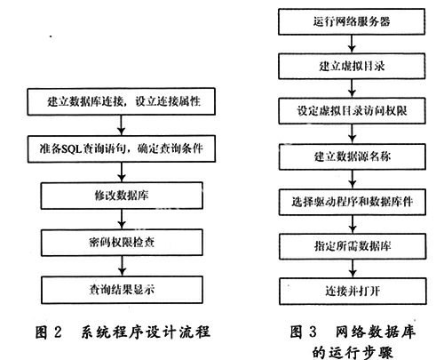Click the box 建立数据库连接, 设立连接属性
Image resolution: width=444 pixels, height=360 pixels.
tap(121, 101)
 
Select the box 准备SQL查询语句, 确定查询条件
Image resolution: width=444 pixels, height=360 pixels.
tap(122, 148)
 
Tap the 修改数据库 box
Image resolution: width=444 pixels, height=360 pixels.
tap(122, 196)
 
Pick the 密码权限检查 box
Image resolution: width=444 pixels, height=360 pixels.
tap(122, 243)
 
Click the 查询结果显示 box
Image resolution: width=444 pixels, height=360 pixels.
tap(122, 290)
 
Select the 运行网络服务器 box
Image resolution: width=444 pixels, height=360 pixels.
tap(352, 21)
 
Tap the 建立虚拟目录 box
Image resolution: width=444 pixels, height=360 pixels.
tap(352, 66)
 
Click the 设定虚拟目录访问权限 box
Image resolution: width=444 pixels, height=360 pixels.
tap(352, 111)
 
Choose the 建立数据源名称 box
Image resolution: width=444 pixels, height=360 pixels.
tap(353, 156)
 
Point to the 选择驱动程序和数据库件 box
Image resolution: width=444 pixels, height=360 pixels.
tap(353, 202)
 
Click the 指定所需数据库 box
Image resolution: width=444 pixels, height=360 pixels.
tap(353, 246)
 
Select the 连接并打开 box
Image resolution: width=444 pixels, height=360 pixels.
tap(353, 292)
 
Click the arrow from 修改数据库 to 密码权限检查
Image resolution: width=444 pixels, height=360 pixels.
tap(122, 220)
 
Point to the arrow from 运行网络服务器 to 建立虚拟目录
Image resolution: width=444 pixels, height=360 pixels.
tap(352, 44)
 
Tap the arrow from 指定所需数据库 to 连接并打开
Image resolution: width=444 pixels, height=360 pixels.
tap(353, 268)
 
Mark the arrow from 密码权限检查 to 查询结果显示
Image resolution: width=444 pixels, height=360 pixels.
tap(122, 266)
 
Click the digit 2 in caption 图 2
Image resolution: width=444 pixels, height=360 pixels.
tap(58, 332)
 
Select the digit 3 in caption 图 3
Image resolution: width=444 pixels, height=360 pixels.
tap(313, 332)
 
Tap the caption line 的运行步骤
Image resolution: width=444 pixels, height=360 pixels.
tap(353, 353)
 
